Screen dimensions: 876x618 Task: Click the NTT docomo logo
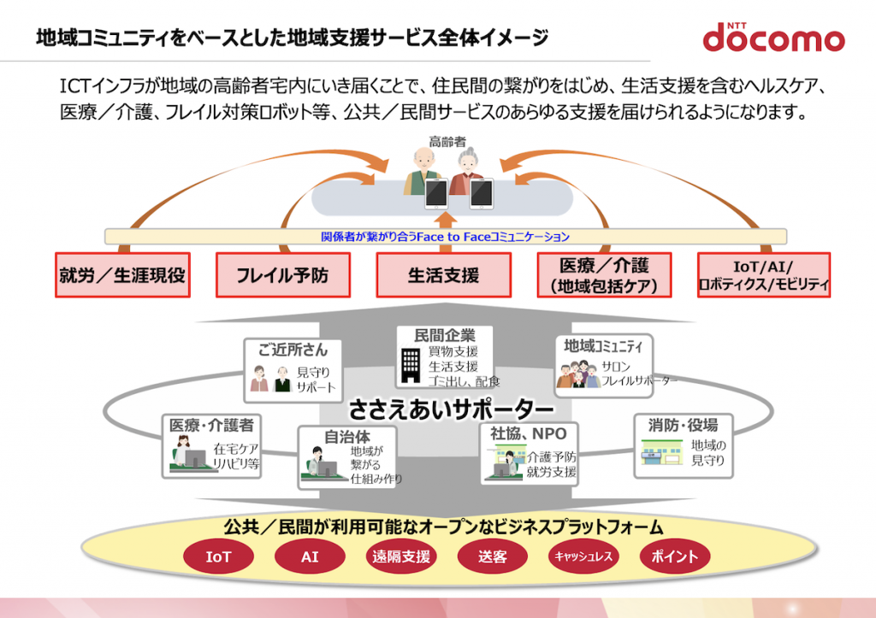773,38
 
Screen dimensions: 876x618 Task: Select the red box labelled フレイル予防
283,274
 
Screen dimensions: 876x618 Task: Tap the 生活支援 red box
444,274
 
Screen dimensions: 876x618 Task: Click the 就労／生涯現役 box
122,274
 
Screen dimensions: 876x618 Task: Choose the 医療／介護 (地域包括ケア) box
604,274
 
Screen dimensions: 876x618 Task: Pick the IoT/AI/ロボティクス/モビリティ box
764,274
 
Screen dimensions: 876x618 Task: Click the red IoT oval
218,556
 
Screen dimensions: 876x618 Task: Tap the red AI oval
310,556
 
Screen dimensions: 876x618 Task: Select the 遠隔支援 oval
401,556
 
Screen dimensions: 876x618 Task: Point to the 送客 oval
492,556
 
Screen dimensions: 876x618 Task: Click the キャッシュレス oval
583,556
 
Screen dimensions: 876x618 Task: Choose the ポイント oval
674,556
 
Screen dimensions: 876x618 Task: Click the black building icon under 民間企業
411,366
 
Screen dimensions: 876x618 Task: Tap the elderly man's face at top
424,162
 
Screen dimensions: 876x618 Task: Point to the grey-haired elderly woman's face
468,162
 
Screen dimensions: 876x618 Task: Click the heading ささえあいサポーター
452,409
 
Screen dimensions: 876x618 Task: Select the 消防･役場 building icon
662,452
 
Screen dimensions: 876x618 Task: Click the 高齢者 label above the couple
447,142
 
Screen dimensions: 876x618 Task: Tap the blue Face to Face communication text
445,237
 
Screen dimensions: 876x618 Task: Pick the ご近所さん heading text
293,350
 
